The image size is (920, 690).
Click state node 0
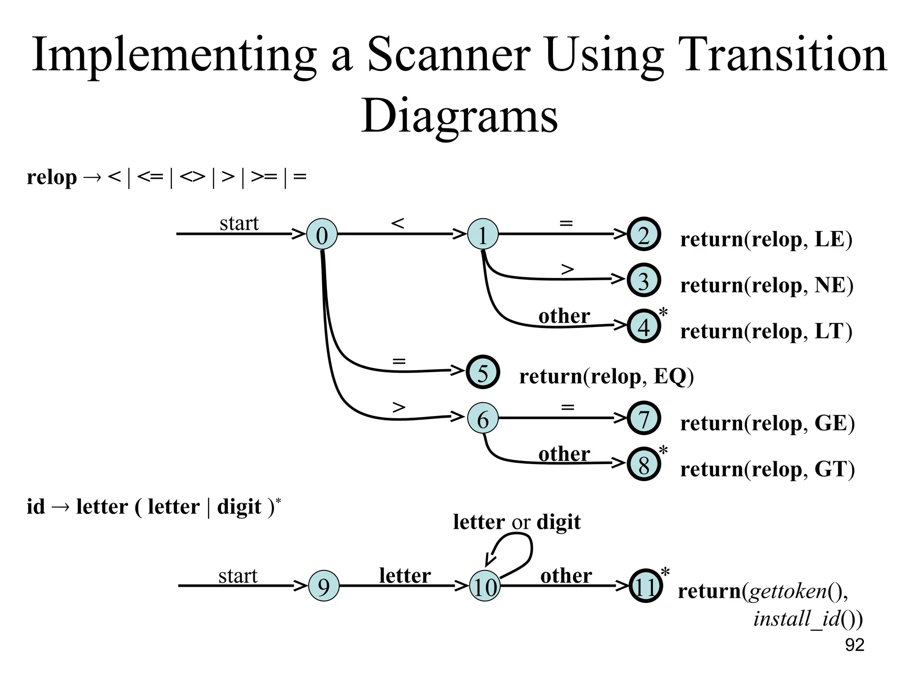[322, 234]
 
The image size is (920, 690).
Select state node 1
[482, 234]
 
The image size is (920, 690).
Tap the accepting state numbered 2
[643, 234]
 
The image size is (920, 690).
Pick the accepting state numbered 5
[482, 372]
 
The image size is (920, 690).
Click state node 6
[482, 419]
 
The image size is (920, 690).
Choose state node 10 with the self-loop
[484, 587]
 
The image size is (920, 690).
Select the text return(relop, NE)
[766, 286]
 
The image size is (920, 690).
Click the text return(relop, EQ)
[606, 376]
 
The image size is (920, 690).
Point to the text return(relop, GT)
[767, 469]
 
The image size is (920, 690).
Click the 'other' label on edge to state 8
[564, 454]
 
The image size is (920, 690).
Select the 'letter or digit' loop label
[517, 522]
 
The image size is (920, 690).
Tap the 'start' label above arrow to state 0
[239, 223]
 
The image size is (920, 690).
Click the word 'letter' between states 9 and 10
[405, 575]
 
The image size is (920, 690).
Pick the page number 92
[854, 645]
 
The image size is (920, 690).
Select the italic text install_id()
[808, 619]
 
